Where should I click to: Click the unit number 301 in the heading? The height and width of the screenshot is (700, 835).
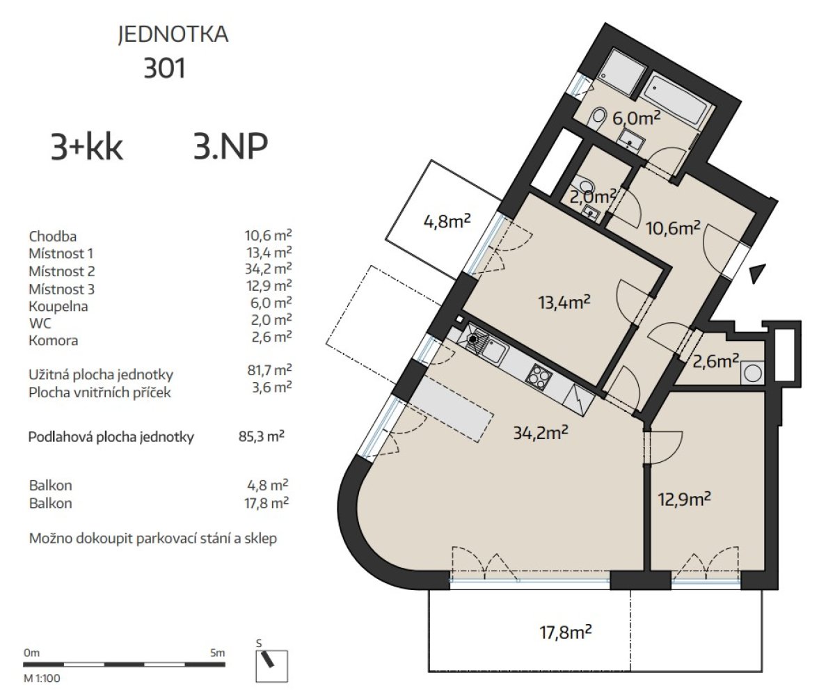pyautogui.click(x=164, y=68)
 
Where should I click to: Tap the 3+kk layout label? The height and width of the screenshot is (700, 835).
pyautogui.click(x=87, y=147)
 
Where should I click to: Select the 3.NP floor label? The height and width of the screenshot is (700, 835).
pyautogui.click(x=231, y=146)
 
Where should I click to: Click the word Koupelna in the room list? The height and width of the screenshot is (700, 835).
pyautogui.click(x=58, y=306)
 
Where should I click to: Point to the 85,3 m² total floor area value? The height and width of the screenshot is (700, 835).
pyautogui.click(x=262, y=436)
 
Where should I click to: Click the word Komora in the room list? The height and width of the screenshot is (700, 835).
pyautogui.click(x=54, y=341)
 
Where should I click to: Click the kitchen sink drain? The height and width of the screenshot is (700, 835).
pyautogui.click(x=472, y=340)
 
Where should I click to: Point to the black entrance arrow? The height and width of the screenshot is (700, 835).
pyautogui.click(x=758, y=273)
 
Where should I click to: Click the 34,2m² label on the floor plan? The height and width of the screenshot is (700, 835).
pyautogui.click(x=541, y=432)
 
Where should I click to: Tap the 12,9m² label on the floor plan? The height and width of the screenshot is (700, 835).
pyautogui.click(x=685, y=499)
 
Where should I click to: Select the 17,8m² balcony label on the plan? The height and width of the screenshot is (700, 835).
pyautogui.click(x=566, y=633)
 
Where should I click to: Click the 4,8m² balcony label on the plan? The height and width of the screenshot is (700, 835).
pyautogui.click(x=447, y=221)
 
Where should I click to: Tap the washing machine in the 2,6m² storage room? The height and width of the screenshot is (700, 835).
pyautogui.click(x=752, y=373)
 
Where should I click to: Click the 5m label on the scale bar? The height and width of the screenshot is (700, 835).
pyautogui.click(x=218, y=653)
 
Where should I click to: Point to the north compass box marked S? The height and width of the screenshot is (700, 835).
pyautogui.click(x=271, y=666)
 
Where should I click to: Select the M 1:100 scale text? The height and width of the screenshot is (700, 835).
pyautogui.click(x=42, y=678)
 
